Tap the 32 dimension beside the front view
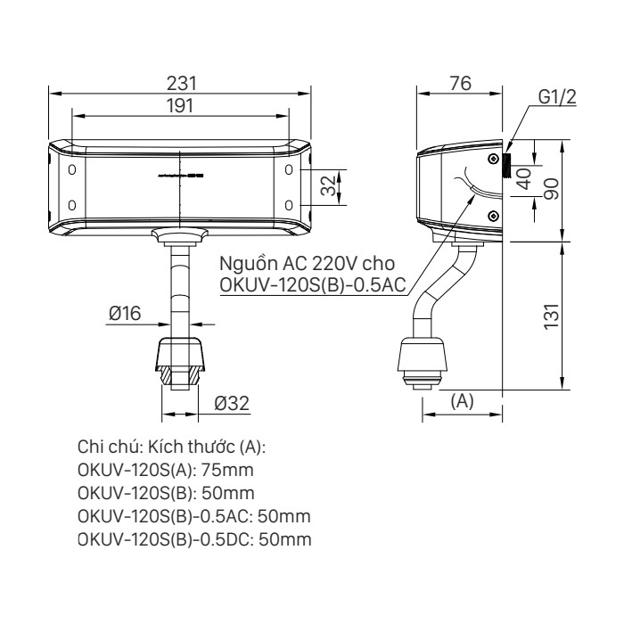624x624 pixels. [x=329, y=185]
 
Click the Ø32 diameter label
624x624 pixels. [x=231, y=403]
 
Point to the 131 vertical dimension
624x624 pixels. [x=553, y=316]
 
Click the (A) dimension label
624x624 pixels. [x=461, y=402]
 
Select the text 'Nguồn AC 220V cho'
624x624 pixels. [x=304, y=265]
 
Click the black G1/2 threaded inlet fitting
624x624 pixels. [x=505, y=166]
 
